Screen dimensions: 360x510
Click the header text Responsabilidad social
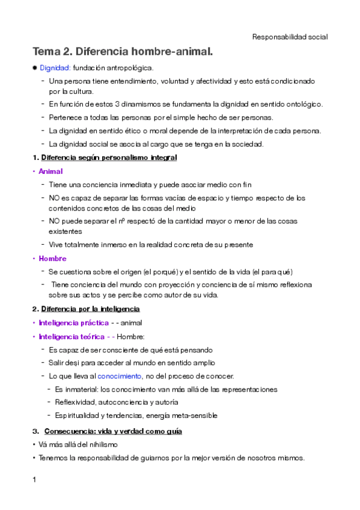[290, 37]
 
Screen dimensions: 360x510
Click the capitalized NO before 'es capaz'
[55, 197]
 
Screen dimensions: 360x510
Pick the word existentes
[66, 231]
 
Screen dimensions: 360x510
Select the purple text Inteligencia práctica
[73, 323]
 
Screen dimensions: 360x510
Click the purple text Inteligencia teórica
[72, 336]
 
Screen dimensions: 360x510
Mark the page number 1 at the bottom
[34, 479]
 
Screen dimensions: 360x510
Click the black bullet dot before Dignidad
[34, 68]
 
